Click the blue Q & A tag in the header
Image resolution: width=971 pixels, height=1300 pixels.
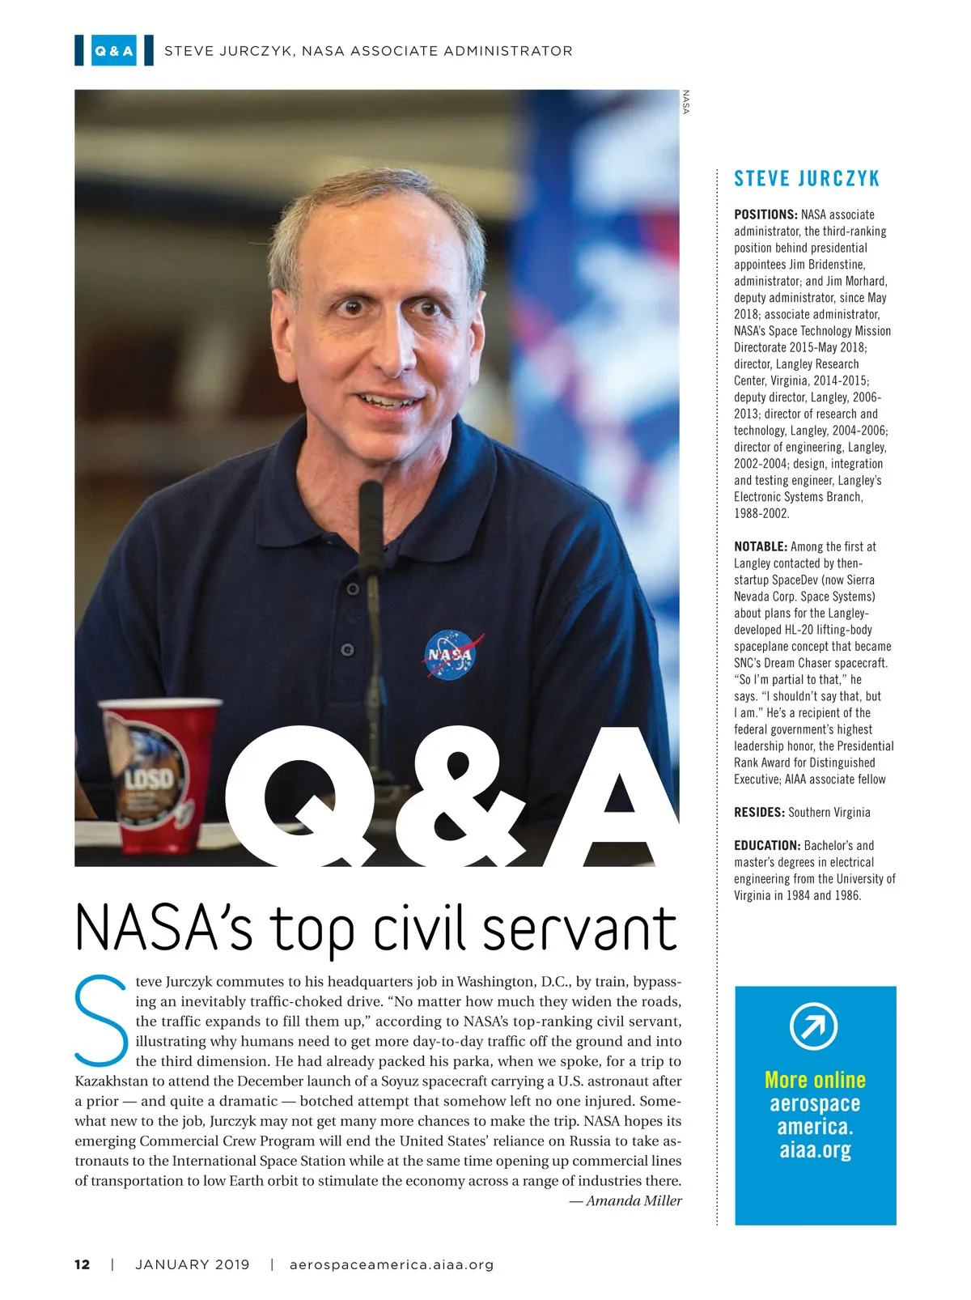(x=114, y=51)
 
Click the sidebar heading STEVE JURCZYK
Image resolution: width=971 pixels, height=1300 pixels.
(x=806, y=179)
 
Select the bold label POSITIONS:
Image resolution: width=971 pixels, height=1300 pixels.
(x=765, y=215)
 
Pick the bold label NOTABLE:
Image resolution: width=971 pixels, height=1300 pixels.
(x=761, y=546)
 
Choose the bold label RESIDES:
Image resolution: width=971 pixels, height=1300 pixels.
(x=759, y=812)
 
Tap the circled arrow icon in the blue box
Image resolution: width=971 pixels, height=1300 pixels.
(x=813, y=1026)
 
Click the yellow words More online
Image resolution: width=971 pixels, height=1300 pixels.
(x=815, y=1080)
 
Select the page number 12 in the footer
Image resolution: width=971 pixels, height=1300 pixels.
(x=83, y=1264)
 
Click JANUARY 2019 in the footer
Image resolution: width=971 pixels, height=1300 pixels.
(x=193, y=1264)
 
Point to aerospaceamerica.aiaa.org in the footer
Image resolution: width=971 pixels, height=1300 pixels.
(x=392, y=1264)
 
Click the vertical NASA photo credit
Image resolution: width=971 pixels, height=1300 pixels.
(x=686, y=101)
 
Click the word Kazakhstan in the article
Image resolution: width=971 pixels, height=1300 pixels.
(x=114, y=1081)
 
